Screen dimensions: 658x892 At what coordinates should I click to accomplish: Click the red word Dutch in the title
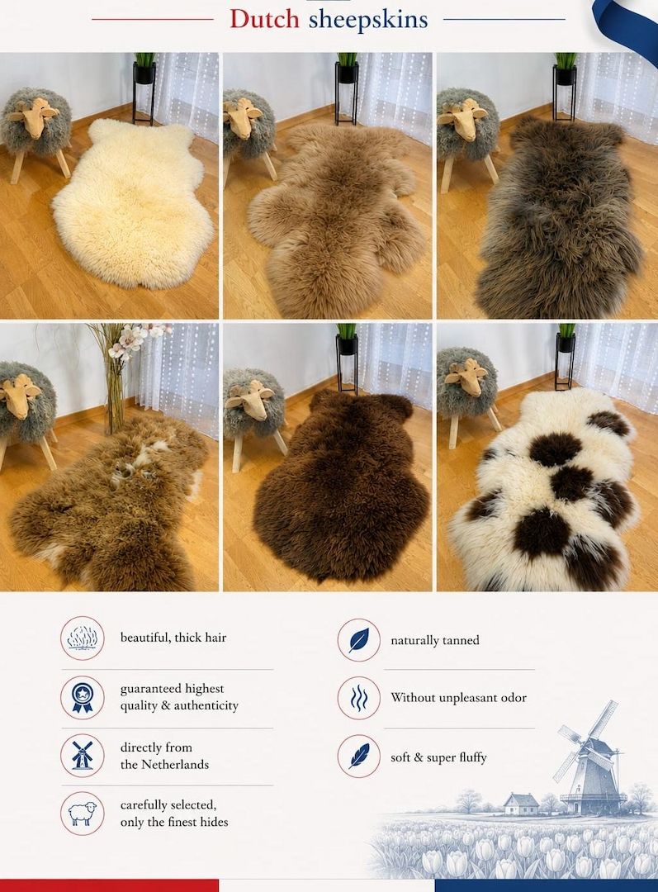coord(264,19)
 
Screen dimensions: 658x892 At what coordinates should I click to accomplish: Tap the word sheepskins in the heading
coord(368,20)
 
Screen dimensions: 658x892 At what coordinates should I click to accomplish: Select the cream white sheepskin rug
coord(132,203)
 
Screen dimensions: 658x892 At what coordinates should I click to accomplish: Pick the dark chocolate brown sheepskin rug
coord(340,486)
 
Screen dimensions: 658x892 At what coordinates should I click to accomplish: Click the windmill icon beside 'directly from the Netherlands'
coord(83,755)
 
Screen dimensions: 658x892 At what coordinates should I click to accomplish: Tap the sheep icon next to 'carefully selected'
coord(83,813)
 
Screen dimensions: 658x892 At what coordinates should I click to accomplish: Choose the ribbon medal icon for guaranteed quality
coord(83,697)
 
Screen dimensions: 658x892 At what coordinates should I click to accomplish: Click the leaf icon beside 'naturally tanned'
coord(359,640)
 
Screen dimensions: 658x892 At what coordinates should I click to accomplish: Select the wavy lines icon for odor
coord(359,698)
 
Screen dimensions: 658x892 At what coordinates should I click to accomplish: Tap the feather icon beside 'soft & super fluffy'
coord(359,756)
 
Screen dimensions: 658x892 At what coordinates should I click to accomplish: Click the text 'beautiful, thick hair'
coord(173,638)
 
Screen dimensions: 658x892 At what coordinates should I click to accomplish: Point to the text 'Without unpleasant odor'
coord(458,697)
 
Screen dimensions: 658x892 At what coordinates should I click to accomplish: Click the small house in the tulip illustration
coord(521,804)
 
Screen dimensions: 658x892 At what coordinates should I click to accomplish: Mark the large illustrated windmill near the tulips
coord(589,757)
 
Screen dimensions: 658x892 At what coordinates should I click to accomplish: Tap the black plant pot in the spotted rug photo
coord(566,343)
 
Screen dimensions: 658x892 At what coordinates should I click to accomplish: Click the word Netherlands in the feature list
coord(175,765)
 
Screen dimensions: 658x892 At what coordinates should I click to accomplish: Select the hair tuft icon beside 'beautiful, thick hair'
coord(83,638)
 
